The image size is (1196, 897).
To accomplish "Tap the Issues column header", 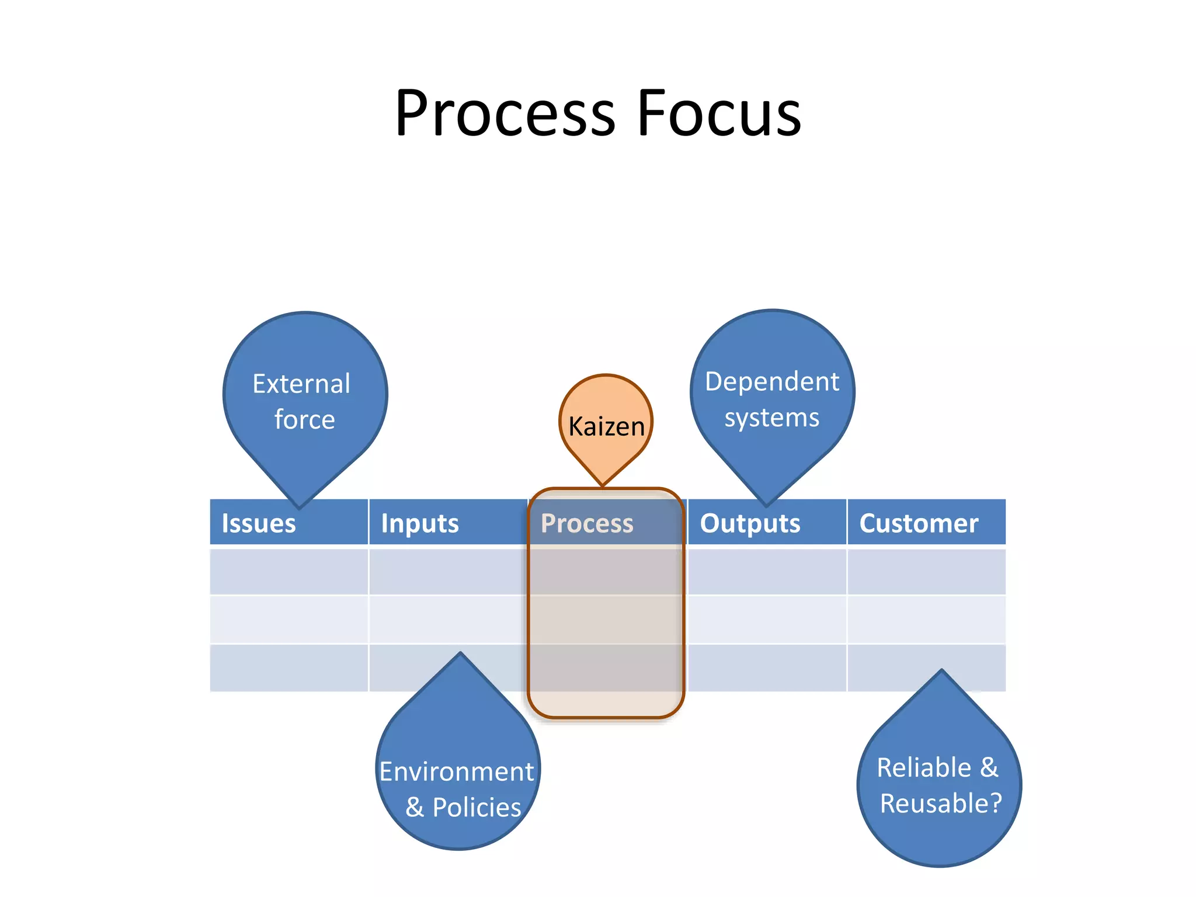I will coord(259,523).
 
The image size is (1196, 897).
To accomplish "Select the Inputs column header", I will coord(420,523).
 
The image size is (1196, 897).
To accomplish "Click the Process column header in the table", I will coord(587,523).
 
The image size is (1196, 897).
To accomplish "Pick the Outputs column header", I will coord(750,523).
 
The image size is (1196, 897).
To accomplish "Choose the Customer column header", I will coord(919,523).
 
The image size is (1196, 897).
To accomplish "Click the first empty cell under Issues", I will coord(288,571).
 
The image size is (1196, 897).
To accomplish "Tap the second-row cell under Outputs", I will coord(767,619).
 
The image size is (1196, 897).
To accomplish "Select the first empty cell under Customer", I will coord(926,571).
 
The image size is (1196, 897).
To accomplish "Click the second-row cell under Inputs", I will coord(448,619).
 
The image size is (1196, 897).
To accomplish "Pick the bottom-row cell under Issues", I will coord(288,668).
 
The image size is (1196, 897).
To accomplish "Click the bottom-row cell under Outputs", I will coord(767,668).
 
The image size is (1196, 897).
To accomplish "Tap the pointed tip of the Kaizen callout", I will coord(603,484).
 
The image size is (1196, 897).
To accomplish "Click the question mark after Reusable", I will coord(996,803).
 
